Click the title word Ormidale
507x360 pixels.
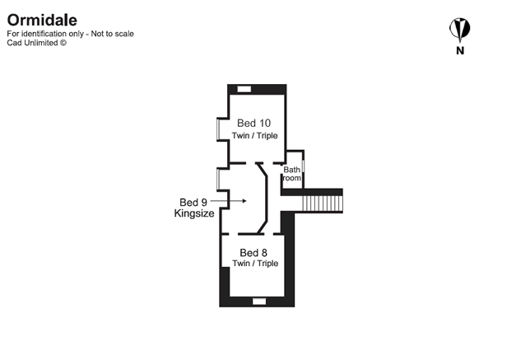pos(42,19)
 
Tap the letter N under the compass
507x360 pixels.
pos(458,51)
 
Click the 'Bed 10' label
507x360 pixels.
pos(254,123)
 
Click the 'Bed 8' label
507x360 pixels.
pos(254,252)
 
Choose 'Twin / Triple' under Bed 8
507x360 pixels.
pos(255,264)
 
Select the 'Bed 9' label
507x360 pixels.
pos(193,201)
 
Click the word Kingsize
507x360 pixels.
pos(194,213)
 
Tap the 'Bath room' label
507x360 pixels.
pos(293,175)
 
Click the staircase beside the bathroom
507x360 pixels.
pos(322,202)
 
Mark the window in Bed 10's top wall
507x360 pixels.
pos(244,87)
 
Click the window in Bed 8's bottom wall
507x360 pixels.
pos(258,302)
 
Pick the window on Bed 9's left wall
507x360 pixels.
pos(219,180)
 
